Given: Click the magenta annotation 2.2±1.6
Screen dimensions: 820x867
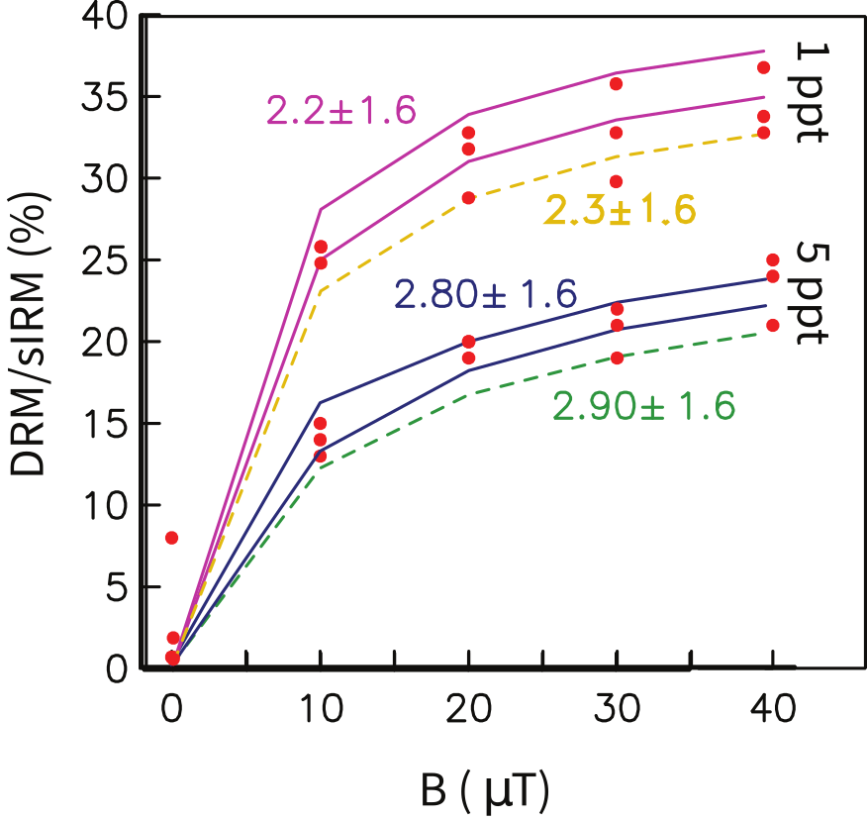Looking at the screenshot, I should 339,110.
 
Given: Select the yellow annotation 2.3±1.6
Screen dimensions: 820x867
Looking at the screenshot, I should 619,210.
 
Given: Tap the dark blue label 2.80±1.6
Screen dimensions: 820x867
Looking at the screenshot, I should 485,294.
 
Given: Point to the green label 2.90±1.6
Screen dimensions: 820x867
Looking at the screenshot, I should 644,406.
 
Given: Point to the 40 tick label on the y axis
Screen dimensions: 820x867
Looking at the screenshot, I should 107,18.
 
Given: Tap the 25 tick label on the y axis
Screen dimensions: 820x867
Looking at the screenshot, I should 107,261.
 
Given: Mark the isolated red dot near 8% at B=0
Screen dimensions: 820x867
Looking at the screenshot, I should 171,538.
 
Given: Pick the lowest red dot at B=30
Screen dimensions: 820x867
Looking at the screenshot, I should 617,358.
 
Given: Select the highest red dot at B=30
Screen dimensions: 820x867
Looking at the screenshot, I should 616,84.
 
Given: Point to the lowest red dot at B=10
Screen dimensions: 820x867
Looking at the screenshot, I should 320,456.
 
